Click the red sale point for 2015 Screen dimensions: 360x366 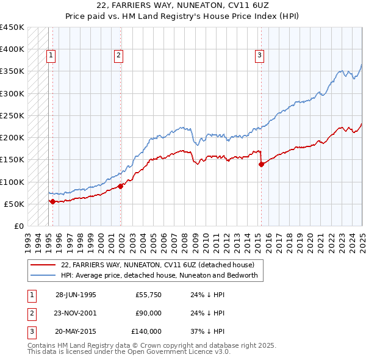[261, 164]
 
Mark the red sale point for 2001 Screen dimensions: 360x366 [121, 186]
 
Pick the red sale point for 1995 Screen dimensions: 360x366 [52, 201]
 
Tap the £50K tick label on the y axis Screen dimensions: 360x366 [15, 204]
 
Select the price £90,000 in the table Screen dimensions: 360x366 [148, 313]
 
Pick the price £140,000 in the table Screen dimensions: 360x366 [146, 331]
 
